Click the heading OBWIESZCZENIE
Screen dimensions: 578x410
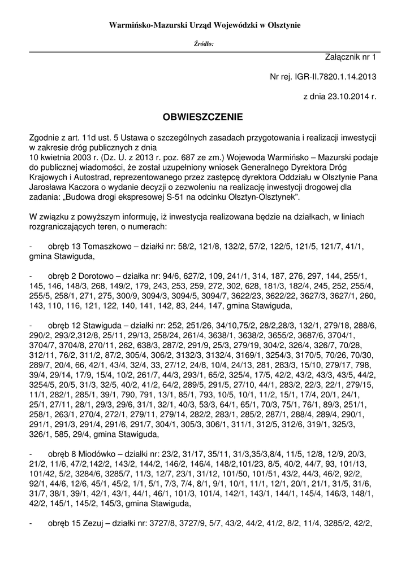pyautogui.click(x=205, y=117)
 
